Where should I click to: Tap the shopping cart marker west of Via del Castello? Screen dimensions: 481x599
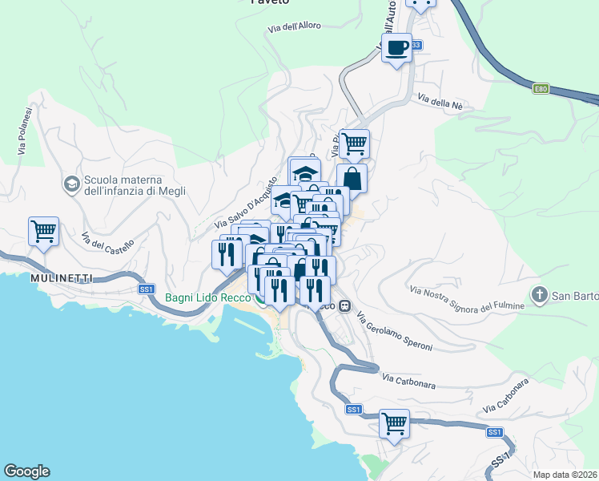[44, 232]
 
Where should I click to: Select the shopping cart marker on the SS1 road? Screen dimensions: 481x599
[393, 423]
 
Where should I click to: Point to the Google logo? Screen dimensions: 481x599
[26, 471]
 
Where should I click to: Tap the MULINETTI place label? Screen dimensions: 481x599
[62, 277]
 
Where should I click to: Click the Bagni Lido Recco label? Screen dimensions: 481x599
[207, 298]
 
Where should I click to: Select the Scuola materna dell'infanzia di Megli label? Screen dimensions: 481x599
[135, 185]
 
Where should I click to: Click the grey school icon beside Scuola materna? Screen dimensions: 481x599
[71, 184]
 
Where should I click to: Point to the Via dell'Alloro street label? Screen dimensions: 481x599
[294, 26]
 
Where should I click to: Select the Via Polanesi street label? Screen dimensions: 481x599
[23, 131]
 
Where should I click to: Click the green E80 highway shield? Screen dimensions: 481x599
[541, 89]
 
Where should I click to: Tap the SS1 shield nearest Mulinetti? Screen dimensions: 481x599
[146, 289]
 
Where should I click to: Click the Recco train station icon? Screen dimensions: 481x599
[344, 305]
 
